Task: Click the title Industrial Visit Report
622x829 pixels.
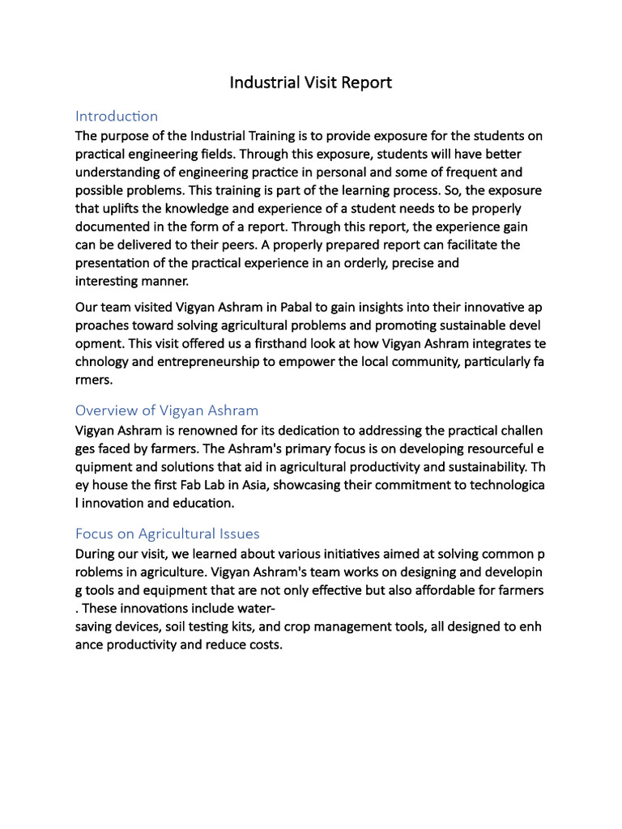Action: pos(311,83)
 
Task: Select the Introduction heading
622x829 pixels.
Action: pos(117,116)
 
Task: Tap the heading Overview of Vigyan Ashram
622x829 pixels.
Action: pos(167,410)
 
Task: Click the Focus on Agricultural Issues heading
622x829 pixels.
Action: pos(168,534)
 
